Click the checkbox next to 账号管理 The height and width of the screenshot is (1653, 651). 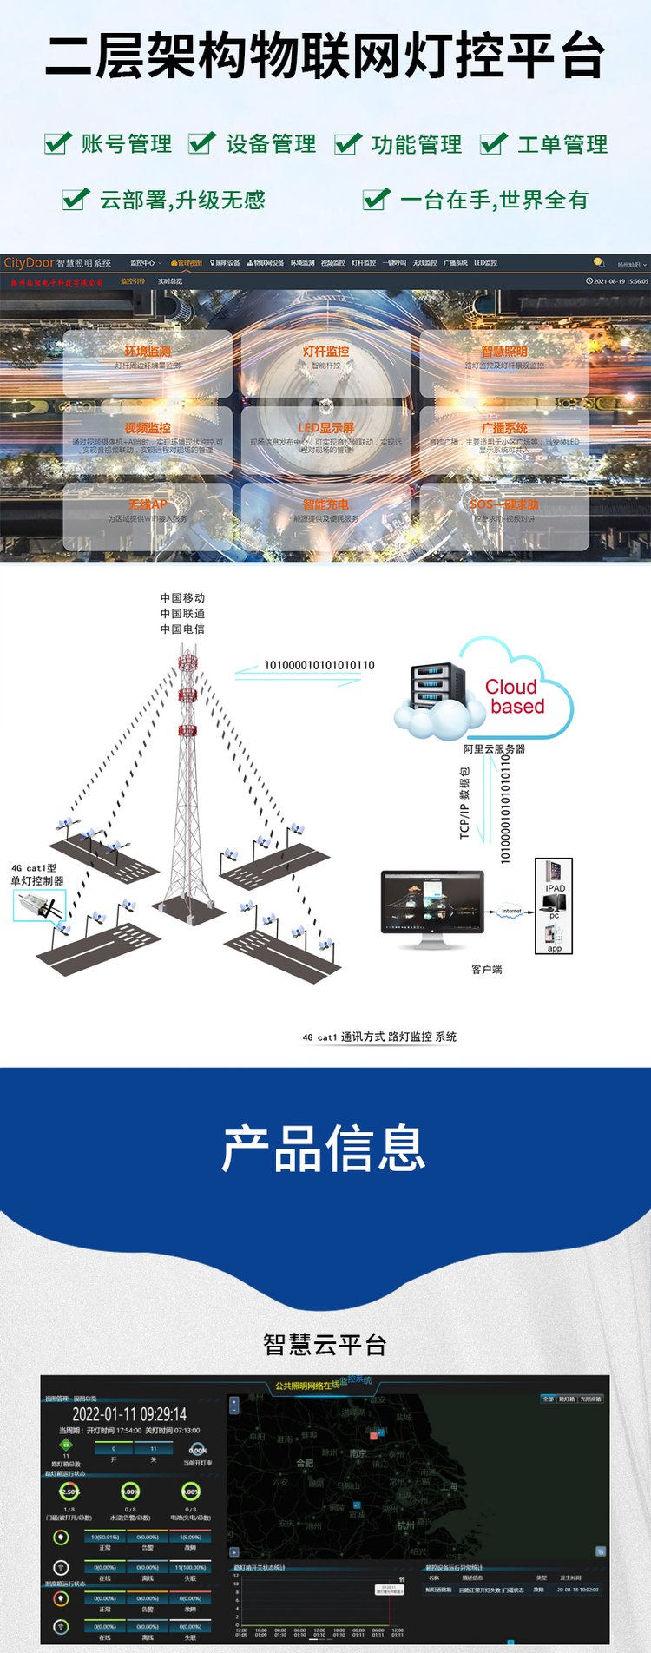click(57, 143)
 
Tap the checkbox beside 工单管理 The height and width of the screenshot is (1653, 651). click(493, 143)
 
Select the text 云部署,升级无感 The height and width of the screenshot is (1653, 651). click(182, 201)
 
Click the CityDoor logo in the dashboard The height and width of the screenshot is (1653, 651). click(29, 263)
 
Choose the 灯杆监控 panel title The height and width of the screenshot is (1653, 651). click(326, 352)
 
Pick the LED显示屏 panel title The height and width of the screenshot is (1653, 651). click(326, 428)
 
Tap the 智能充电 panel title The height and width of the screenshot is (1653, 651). click(326, 504)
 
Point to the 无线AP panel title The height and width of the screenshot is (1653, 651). click(148, 504)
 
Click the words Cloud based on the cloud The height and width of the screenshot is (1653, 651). click(516, 697)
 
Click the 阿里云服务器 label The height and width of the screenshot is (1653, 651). click(494, 748)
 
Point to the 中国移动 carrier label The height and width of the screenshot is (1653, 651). click(182, 598)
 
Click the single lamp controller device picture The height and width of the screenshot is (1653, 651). click(40, 906)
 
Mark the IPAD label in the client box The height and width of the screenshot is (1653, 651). click(555, 888)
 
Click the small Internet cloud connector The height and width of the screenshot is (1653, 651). click(511, 912)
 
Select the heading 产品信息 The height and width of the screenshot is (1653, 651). click(324, 1149)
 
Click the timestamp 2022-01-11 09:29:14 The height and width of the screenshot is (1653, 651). click(129, 1414)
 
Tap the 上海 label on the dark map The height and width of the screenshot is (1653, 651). click(448, 1486)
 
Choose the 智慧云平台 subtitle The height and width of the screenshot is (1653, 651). click(325, 1345)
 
